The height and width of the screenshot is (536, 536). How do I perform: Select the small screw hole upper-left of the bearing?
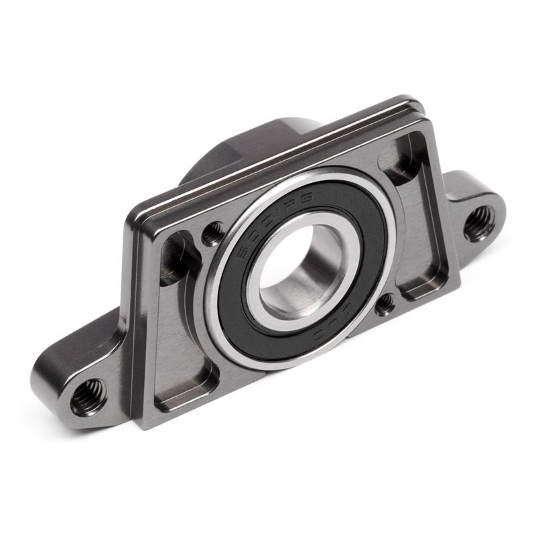[214, 233]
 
